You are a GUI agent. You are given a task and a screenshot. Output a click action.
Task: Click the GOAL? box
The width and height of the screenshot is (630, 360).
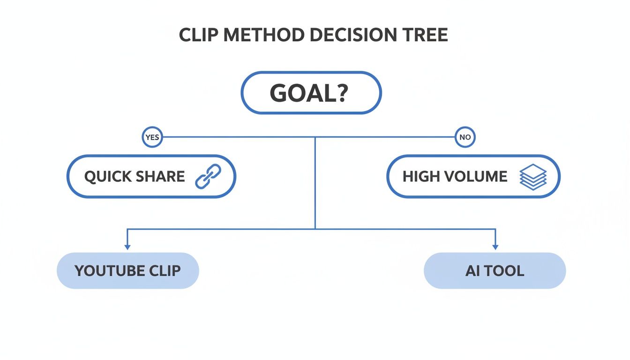coord(311,93)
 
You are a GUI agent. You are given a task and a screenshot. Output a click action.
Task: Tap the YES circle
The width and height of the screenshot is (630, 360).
coord(152,138)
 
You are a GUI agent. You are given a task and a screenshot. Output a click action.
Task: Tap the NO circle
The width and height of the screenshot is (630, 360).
coord(465,138)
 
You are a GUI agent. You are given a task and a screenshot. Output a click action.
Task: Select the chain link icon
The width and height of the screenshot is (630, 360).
coord(208,177)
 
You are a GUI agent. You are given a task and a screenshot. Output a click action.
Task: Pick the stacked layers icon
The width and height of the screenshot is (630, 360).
coord(533,177)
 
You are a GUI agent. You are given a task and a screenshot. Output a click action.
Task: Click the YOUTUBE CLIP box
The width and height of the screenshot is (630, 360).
coord(127,270)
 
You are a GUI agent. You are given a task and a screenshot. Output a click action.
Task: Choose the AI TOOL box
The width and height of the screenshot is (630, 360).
coord(495,270)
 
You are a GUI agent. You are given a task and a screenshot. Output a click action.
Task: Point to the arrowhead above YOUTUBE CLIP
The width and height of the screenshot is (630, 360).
coord(127,246)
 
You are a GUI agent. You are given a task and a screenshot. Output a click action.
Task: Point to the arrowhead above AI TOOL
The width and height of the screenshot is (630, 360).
coord(495,246)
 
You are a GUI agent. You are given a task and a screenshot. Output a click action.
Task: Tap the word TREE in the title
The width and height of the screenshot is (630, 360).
coord(427,36)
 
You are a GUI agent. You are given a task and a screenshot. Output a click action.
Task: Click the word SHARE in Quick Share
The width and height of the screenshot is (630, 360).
coord(159,177)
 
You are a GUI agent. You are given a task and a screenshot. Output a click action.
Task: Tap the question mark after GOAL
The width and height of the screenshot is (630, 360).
coord(341,93)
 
